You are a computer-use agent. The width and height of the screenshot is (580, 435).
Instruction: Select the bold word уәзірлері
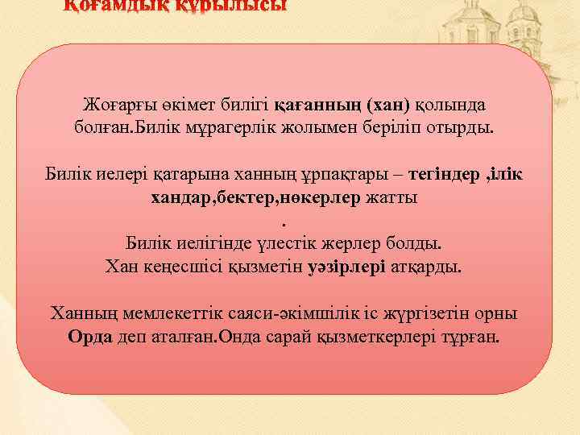(346, 266)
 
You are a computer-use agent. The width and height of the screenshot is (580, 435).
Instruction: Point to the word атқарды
(427, 266)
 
